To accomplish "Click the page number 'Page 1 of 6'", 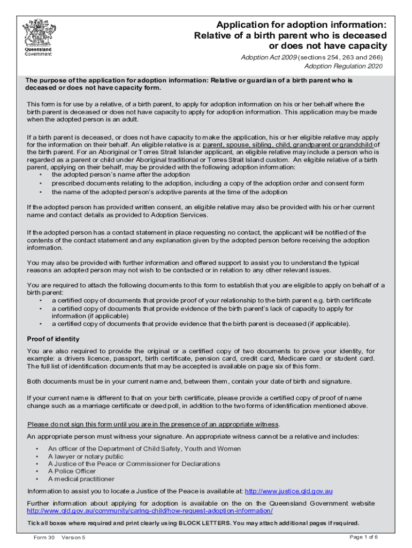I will point(364,537).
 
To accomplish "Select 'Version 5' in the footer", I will point(74,537).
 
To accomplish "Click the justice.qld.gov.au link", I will point(290,491).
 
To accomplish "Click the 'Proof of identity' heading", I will point(53,339).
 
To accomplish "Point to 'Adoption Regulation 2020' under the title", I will point(344,66).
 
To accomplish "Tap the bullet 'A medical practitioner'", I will point(81,479).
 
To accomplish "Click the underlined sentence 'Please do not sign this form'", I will point(153,424).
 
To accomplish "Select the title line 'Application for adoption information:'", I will point(301,25).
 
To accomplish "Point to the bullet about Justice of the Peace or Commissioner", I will point(134,464).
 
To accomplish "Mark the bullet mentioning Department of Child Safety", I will point(144,449).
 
